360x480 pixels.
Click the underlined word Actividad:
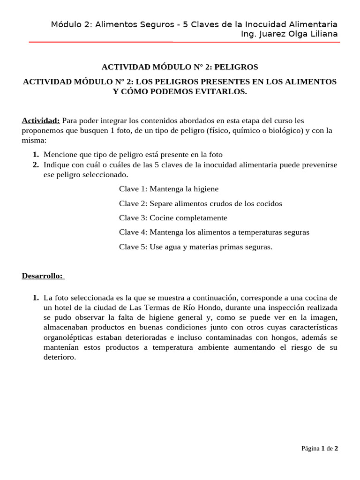pos(41,121)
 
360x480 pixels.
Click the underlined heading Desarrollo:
pos(42,275)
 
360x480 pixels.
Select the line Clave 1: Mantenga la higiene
pos(169,189)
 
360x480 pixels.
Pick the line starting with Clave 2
pos(201,203)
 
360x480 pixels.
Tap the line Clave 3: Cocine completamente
pos(173,217)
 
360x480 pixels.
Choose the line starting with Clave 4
pos(214,232)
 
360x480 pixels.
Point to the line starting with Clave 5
pos(195,247)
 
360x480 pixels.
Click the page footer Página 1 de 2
pos(320,448)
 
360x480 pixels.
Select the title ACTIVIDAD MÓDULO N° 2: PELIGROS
pos(180,67)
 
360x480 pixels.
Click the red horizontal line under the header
pos(184,42)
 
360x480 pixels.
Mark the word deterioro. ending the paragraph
pos(60,357)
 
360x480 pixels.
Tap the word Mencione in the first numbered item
pos(59,154)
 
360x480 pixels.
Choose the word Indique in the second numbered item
pos(56,165)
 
